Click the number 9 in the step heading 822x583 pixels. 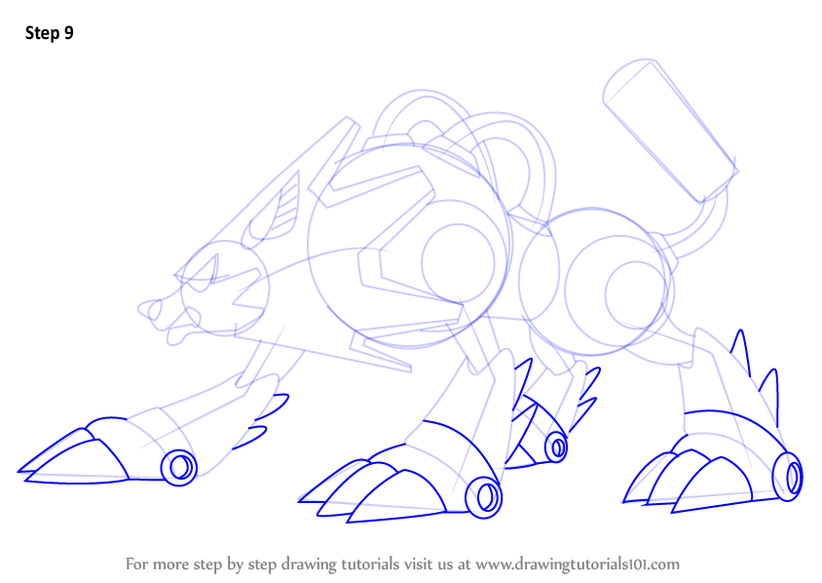[69, 33]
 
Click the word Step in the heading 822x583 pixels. [42, 33]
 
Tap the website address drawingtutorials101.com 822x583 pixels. [578, 564]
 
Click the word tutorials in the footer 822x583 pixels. [365, 564]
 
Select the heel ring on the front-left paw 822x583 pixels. [179, 467]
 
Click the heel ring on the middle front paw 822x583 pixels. [483, 497]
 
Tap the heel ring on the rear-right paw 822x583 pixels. [788, 476]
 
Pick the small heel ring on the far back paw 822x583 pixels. [556, 447]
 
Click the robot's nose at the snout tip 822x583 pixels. [149, 309]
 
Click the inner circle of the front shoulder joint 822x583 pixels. [458, 263]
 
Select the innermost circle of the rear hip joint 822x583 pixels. [635, 293]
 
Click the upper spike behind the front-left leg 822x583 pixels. [273, 407]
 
